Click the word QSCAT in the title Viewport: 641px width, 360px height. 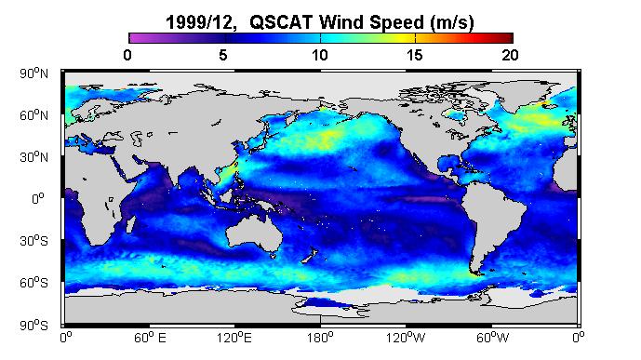pyautogui.click(x=281, y=22)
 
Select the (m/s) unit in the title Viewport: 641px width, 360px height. pyautogui.click(x=452, y=23)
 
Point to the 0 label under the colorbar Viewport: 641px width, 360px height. pyautogui.click(x=127, y=55)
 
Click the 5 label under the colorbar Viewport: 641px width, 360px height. pyautogui.click(x=222, y=55)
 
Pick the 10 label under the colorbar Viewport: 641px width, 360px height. pyautogui.click(x=320, y=55)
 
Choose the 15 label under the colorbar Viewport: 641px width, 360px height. pyautogui.click(x=415, y=55)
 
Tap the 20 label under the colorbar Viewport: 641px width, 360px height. pyautogui.click(x=510, y=55)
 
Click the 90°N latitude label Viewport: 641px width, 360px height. pyautogui.click(x=33, y=73)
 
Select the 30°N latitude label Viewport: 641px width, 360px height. pyautogui.click(x=33, y=157)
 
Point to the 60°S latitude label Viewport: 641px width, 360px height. pyautogui.click(x=33, y=283)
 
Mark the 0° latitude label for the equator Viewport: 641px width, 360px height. pyautogui.click(x=37, y=198)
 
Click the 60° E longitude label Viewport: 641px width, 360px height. pyautogui.click(x=150, y=338)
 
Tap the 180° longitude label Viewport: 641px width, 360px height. pyautogui.click(x=320, y=338)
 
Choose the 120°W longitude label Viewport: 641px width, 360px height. pyautogui.click(x=406, y=338)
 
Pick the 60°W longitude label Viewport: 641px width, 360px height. pyautogui.click(x=492, y=338)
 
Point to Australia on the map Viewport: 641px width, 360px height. pyautogui.click(x=254, y=235)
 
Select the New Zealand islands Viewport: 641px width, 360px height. pyautogui.click(x=310, y=255)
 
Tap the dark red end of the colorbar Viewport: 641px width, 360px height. pyautogui.click(x=507, y=38)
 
